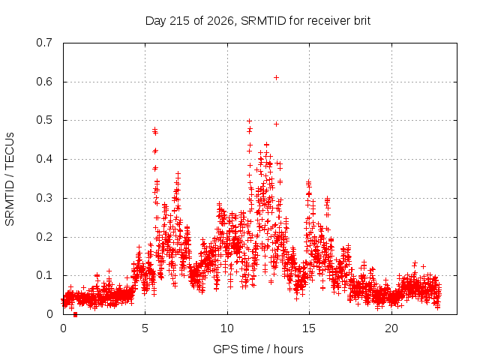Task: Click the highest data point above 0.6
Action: pos(276,78)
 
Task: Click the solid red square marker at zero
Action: pos(75,315)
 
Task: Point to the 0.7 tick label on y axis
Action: pos(44,43)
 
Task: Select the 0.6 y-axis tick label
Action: pos(44,82)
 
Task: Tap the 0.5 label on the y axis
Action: pos(44,120)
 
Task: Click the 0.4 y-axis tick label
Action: pos(44,159)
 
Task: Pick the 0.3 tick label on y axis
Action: pos(44,198)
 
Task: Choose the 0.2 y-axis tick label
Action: pos(44,237)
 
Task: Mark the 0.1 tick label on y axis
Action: pos(44,275)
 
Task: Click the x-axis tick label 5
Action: pos(145,328)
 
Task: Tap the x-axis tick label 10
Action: pos(227,328)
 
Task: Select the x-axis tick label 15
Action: pos(309,328)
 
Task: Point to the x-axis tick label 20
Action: pos(391,328)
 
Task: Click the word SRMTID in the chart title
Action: pos(263,21)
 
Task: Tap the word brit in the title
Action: pos(362,21)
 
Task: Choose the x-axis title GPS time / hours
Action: pos(258,349)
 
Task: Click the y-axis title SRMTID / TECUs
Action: pos(10,179)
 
